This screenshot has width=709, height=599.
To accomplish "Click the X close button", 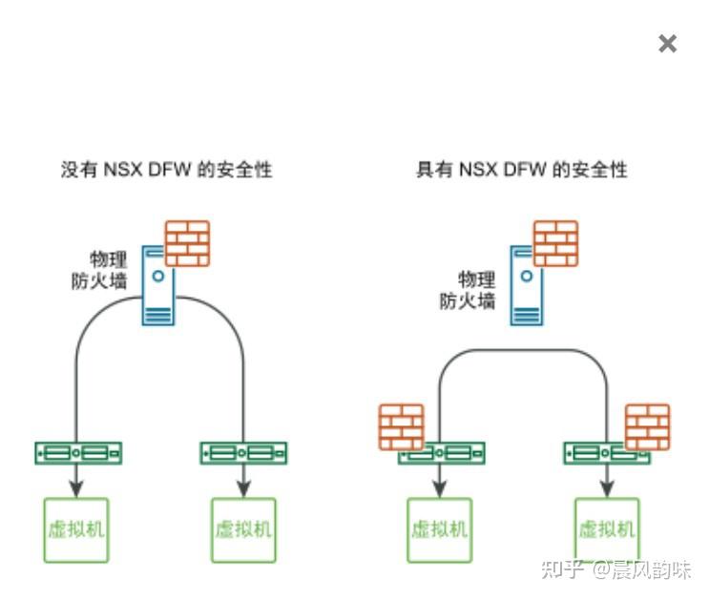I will point(667,44).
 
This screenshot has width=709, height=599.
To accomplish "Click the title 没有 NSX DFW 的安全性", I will point(167,170).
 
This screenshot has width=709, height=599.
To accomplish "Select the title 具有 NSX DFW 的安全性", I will point(522,170).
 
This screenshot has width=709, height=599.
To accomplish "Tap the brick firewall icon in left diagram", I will point(187,243).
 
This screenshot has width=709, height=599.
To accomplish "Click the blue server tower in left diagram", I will point(159,285).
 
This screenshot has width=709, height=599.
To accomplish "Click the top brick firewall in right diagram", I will point(555,243).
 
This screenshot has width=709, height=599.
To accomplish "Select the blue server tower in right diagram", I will point(528,285).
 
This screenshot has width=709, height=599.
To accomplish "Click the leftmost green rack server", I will point(78,452).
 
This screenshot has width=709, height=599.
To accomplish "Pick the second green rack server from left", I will point(243,452).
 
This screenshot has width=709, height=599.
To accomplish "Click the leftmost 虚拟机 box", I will point(76,529).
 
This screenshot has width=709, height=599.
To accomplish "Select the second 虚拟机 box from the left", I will point(243,529).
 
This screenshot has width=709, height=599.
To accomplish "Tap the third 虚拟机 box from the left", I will point(439,529).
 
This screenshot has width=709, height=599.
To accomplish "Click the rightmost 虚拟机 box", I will point(607,529).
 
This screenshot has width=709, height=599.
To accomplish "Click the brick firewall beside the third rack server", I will point(401,427).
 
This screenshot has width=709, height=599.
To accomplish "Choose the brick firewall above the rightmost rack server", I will point(647,427).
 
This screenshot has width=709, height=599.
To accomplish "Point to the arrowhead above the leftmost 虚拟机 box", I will point(77,487).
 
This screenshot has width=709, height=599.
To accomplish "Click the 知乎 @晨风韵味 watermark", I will point(615,569).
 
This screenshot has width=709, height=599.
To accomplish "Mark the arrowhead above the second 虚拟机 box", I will point(243,487).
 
